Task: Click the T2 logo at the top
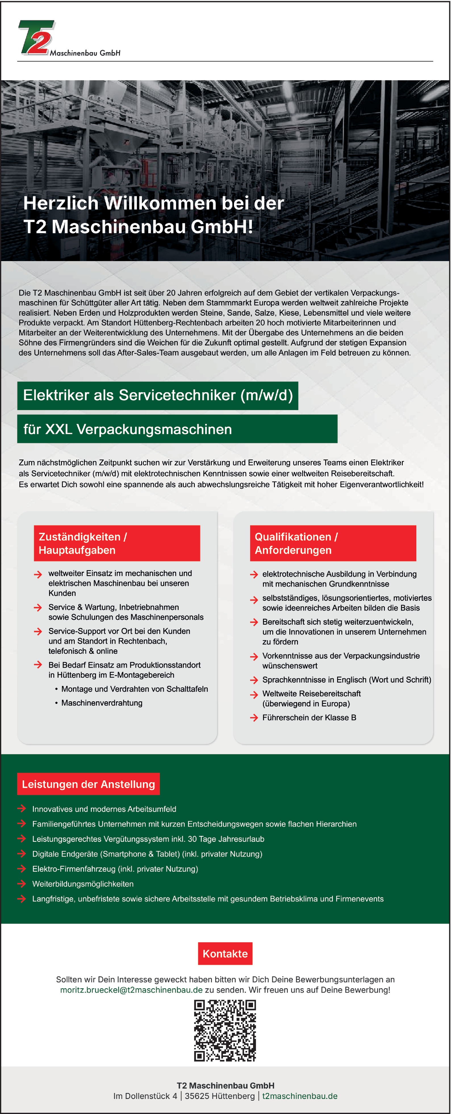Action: pyautogui.click(x=37, y=38)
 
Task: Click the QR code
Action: pyautogui.click(x=225, y=1030)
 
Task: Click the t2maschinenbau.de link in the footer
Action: pyautogui.click(x=300, y=1096)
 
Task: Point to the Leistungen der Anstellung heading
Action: pyautogui.click(x=88, y=784)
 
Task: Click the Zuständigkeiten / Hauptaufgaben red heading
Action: pyautogui.click(x=117, y=543)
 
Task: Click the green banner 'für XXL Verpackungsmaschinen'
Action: pyautogui.click(x=177, y=429)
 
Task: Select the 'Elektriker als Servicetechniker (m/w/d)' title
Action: pyautogui.click(x=158, y=395)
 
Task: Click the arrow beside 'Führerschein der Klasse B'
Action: pyautogui.click(x=254, y=718)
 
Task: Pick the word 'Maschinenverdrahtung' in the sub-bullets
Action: pyautogui.click(x=102, y=703)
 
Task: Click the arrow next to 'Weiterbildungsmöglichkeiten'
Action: pyautogui.click(x=22, y=884)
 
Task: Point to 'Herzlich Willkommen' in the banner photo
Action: pyautogui.click(x=104, y=203)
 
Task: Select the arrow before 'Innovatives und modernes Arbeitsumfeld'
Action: pyautogui.click(x=22, y=809)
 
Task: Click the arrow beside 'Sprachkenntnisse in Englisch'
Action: pyautogui.click(x=254, y=680)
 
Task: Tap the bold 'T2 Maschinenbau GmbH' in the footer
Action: pyautogui.click(x=225, y=1085)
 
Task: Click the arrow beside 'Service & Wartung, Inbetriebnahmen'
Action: pyautogui.click(x=38, y=608)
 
